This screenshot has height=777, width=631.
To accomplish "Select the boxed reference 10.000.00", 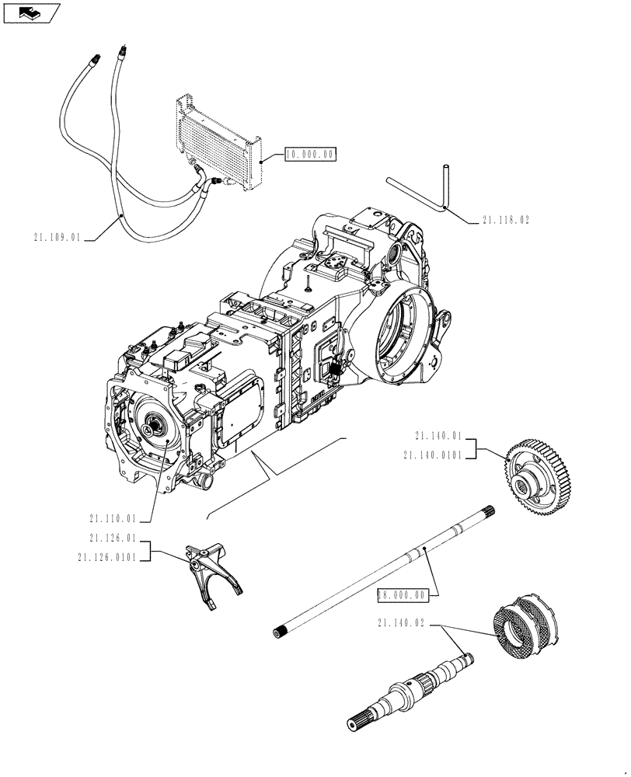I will (309, 155).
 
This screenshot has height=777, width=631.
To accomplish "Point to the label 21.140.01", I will (439, 436).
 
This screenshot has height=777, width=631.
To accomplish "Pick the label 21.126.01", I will (113, 538).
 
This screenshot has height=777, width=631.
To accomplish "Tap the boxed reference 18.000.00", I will (402, 595).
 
